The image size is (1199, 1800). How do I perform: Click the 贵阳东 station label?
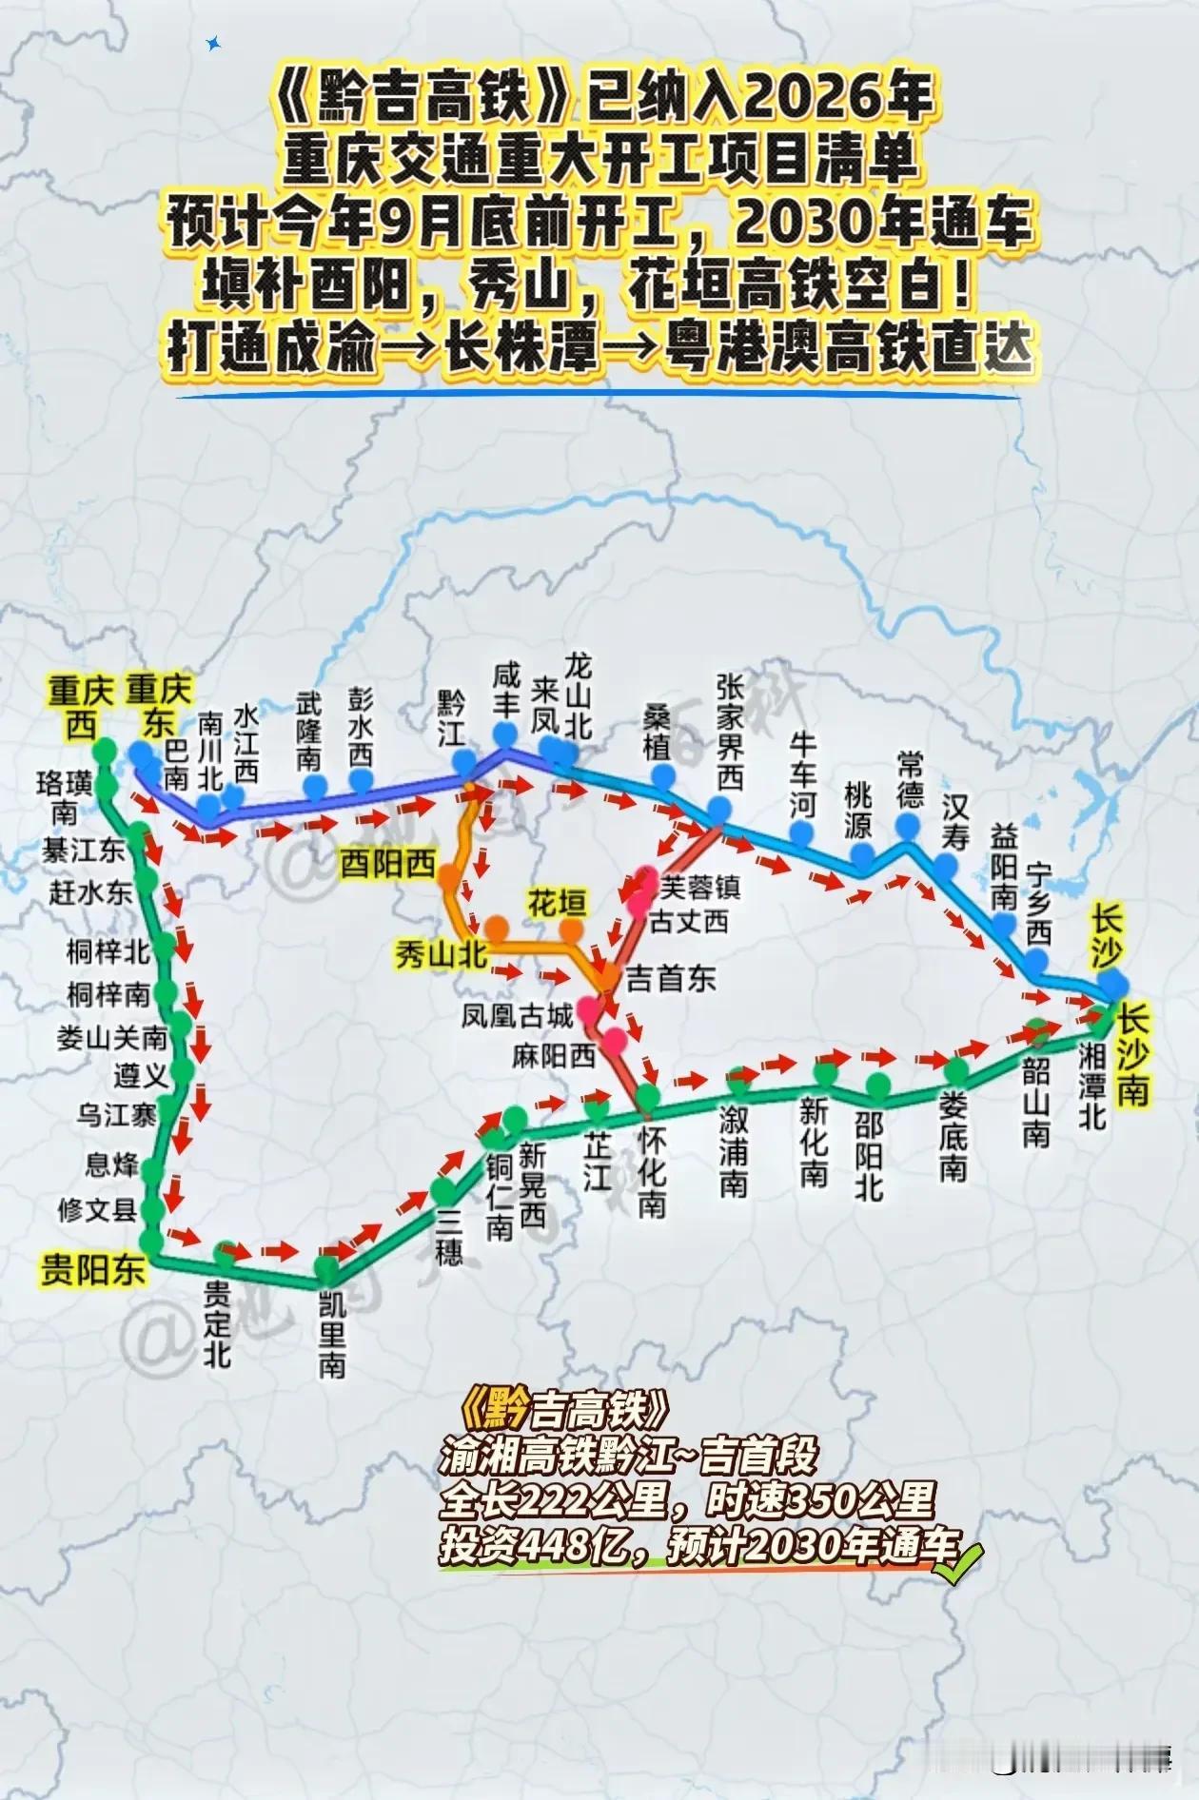(92, 1270)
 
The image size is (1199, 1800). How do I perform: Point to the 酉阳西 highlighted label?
(388, 864)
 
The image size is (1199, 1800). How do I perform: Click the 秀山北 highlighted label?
(442, 954)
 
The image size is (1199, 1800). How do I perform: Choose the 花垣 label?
(557, 903)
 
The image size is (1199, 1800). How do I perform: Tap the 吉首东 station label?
(671, 979)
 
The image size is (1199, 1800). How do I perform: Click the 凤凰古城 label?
(518, 1016)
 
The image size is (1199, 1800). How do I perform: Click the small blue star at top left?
(213, 43)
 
